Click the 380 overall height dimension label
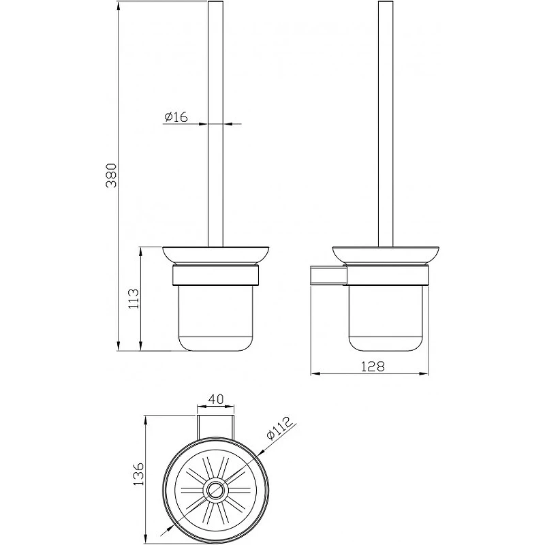(x=112, y=175)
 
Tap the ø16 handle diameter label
(x=176, y=116)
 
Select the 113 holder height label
(x=134, y=298)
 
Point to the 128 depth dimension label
(x=372, y=367)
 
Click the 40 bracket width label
(x=215, y=399)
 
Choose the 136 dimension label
(x=138, y=474)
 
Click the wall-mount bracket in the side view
(x=328, y=276)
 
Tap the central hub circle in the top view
(x=215, y=490)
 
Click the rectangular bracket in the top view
(x=215, y=426)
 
